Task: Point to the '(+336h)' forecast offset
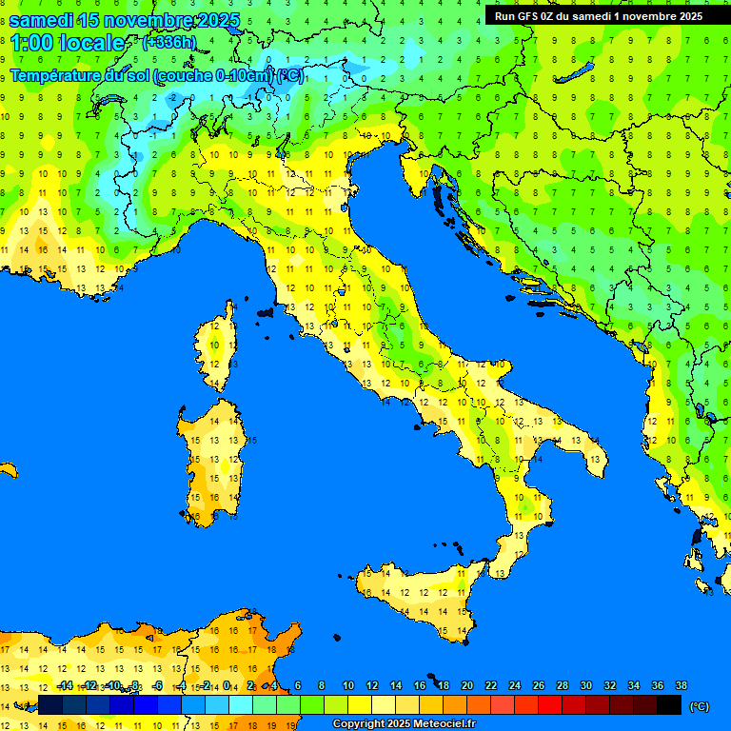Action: tap(168, 42)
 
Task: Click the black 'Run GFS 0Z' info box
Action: tap(598, 15)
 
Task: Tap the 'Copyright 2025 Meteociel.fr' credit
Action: tap(404, 724)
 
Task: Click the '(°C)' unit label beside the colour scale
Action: tap(699, 706)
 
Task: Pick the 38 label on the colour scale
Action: tap(681, 685)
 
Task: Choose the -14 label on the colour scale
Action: tap(65, 685)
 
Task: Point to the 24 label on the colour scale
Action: tap(514, 685)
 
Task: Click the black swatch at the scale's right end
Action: tap(669, 704)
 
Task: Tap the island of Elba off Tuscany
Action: tap(265, 311)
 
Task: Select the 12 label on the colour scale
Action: tap(372, 685)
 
